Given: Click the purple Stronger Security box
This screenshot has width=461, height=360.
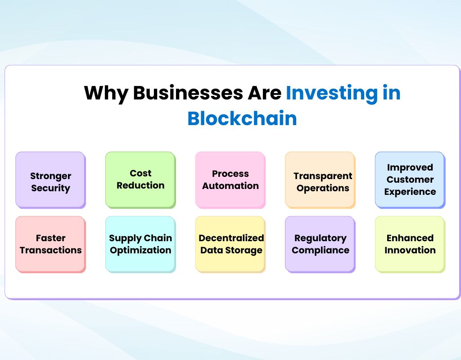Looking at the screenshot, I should coord(50,180).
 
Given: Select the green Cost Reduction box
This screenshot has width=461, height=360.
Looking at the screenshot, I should coord(140,180).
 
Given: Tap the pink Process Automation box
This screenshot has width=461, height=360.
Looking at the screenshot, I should coord(230,180).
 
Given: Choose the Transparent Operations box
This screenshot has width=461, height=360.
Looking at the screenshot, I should coord(320,180).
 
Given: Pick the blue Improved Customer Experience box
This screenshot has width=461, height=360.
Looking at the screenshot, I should coord(410,180).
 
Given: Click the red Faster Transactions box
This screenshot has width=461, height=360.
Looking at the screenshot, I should coord(50,244).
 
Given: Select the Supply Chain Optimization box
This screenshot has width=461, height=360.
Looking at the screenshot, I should coord(140,244).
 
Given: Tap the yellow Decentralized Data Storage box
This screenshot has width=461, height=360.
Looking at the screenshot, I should coord(230,244).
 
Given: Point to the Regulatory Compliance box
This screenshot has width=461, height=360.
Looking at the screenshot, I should coord(320,244).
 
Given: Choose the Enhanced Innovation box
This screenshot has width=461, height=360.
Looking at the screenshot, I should coord(410,244).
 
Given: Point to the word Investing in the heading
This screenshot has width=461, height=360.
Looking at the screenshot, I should coord(332,93).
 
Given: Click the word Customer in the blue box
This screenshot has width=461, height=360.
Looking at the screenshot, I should coord(410,180).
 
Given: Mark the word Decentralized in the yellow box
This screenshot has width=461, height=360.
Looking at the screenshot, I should coord(231,238).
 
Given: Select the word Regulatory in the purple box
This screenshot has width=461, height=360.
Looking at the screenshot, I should coord(320,238).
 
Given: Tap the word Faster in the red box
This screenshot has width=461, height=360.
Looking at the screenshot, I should coord(50,238).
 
